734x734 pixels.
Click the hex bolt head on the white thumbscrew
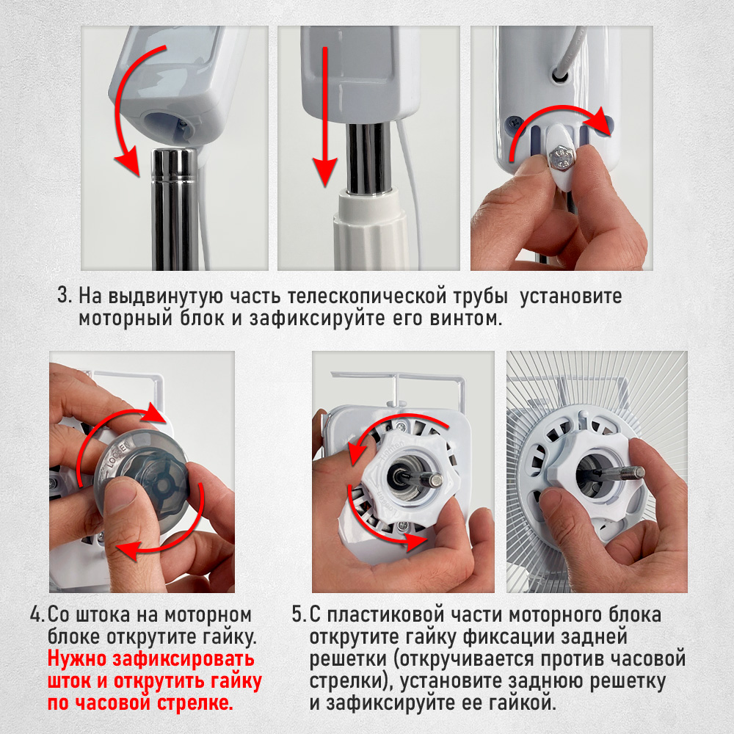[560, 156]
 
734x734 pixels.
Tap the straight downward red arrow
[324, 116]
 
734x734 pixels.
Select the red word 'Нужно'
[77, 660]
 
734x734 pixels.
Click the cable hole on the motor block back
[560, 74]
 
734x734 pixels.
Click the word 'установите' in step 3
[570, 297]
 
